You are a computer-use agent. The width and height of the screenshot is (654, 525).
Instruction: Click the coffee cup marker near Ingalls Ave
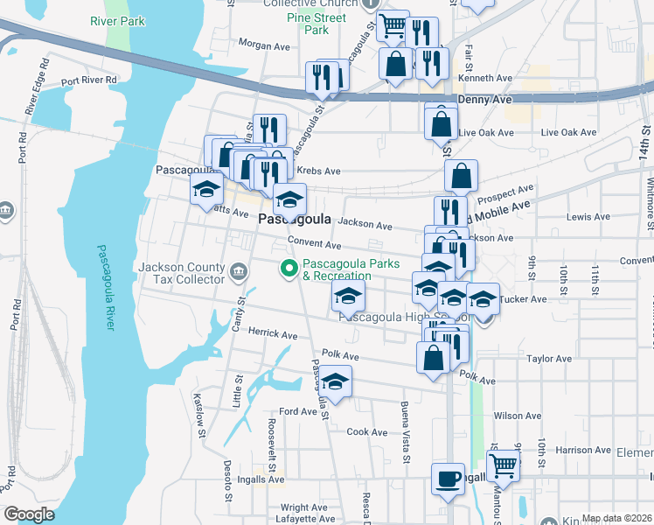pyautogui.click(x=449, y=479)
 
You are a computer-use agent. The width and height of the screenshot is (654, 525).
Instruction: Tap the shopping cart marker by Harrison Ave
pyautogui.click(x=503, y=465)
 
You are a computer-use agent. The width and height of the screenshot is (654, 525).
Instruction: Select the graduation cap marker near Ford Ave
pyautogui.click(x=334, y=381)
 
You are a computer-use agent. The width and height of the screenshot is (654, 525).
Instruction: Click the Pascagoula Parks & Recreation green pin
pyautogui.click(x=287, y=269)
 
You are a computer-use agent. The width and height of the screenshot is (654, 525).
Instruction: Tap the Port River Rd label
pyautogui.click(x=89, y=80)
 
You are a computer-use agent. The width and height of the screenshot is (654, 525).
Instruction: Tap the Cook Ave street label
pyautogui.click(x=366, y=432)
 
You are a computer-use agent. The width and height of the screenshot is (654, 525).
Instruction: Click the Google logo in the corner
pyautogui.click(x=29, y=514)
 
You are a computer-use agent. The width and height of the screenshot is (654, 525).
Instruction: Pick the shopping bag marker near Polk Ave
pyautogui.click(x=434, y=357)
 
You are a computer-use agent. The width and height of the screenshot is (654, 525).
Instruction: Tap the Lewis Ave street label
pyautogui.click(x=588, y=216)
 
